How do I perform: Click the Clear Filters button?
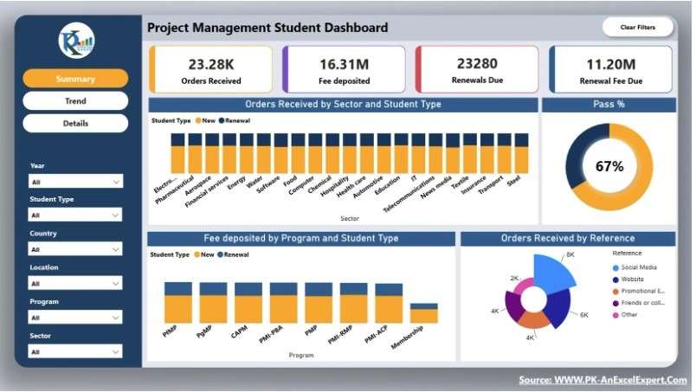tap(637, 28)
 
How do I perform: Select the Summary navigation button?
tap(75, 79)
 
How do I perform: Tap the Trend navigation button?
tap(75, 101)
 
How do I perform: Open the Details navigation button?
tap(75, 124)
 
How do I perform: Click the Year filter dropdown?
tap(75, 182)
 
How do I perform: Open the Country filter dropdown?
tap(75, 249)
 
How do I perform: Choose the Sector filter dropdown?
tap(75, 351)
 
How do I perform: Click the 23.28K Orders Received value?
tap(210, 64)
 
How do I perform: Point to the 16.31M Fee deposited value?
tap(344, 64)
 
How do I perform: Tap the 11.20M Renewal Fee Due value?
tap(611, 64)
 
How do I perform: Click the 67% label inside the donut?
tap(609, 166)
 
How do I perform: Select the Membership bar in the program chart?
tap(424, 313)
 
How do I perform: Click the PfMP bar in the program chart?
tap(178, 303)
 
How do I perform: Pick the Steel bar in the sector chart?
tap(521, 154)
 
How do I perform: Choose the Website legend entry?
tap(630, 280)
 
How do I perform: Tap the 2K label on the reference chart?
tap(514, 279)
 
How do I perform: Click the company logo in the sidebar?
tap(76, 40)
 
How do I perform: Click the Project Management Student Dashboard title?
tap(267, 28)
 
